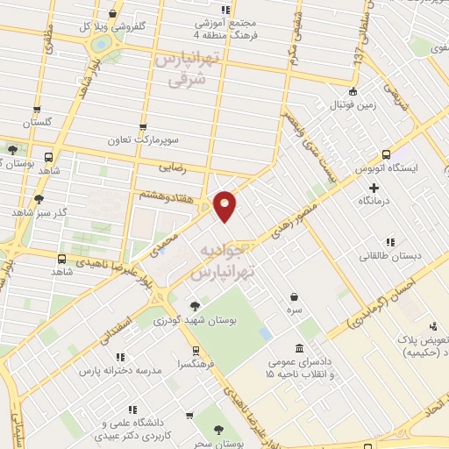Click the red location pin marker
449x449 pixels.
225,205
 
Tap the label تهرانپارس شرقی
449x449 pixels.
185,69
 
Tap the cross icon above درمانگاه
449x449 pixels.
374,187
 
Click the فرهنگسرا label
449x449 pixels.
192,363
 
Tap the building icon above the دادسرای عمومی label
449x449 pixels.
300,347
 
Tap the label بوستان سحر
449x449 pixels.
221,445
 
